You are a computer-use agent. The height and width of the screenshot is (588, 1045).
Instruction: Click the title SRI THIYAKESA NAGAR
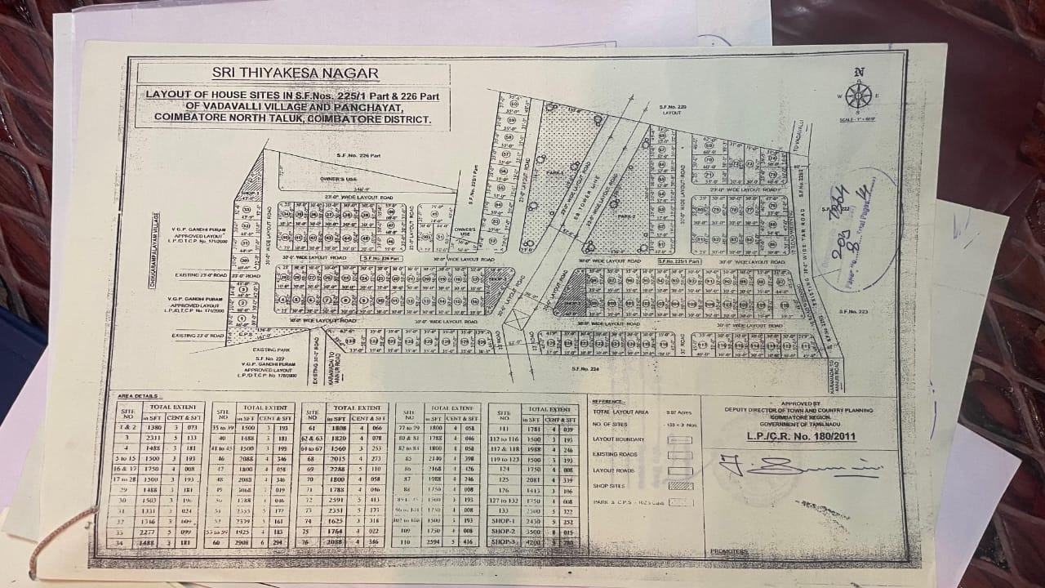pyautogui.click(x=295, y=73)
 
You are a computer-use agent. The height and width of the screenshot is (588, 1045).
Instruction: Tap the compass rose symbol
pyautogui.click(x=858, y=96)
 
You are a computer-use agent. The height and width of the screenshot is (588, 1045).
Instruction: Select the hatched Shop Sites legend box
pyautogui.click(x=679, y=486)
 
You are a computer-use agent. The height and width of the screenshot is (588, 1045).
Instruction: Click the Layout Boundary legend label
pyautogui.click(x=618, y=439)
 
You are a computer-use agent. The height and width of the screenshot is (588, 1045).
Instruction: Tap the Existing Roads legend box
pyautogui.click(x=679, y=455)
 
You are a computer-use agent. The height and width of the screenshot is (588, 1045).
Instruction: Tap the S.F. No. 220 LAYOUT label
pyautogui.click(x=672, y=110)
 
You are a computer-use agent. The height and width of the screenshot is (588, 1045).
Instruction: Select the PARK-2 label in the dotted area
pyautogui.click(x=625, y=216)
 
